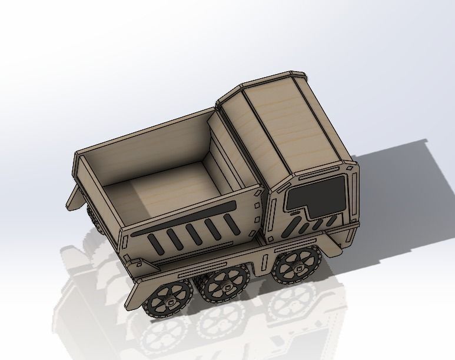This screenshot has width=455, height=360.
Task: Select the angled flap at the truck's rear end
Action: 74,197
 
